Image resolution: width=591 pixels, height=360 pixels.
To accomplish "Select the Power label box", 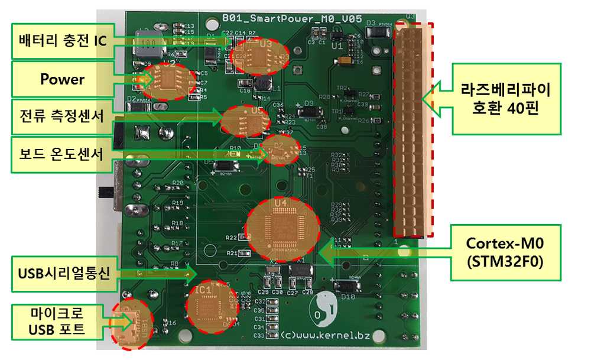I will pyautogui.click(x=62, y=79).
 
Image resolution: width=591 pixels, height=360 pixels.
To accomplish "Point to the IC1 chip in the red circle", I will pyautogui.click(x=208, y=305).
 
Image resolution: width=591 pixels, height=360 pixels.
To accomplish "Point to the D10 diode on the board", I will pyautogui.click(x=345, y=286).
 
